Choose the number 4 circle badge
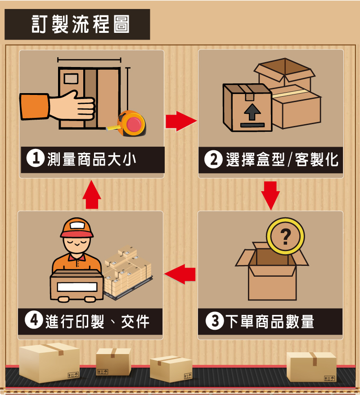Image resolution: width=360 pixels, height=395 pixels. (34, 321)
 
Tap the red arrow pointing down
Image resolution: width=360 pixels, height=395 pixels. (270, 195)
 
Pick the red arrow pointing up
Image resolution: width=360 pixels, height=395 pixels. (92, 194)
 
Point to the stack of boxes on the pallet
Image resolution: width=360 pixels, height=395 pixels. (127, 271)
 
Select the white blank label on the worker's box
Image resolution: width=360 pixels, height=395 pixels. (76, 287)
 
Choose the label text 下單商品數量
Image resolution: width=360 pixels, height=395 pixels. (269, 322)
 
